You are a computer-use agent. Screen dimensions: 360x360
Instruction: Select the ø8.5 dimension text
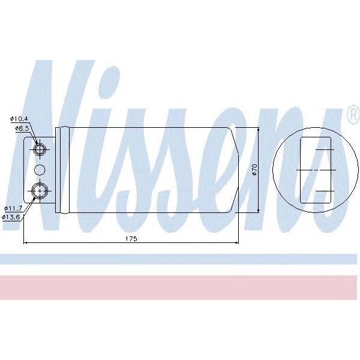[22, 128]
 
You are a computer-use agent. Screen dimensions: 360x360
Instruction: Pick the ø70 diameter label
[254, 170]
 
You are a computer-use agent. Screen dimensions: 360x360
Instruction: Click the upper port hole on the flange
[40, 149]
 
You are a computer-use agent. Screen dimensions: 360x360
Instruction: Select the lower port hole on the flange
[40, 191]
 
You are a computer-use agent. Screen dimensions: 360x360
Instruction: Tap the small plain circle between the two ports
[40, 170]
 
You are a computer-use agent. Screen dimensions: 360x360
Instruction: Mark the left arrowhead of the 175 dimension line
[25, 243]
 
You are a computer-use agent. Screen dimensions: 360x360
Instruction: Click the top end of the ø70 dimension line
[259, 129]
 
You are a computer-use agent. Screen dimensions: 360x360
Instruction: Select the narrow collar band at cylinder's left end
[58, 170]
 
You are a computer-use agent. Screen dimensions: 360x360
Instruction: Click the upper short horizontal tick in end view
[325, 149]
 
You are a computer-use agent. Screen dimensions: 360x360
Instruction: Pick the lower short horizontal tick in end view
[325, 191]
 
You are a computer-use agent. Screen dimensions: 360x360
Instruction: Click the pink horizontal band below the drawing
[180, 287]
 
